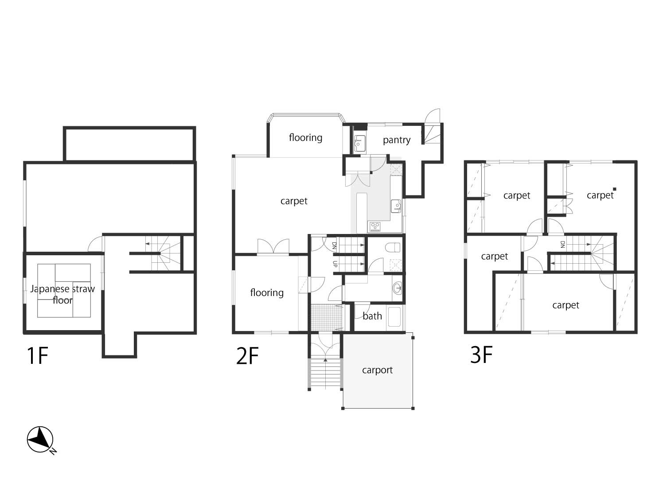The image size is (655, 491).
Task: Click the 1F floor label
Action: (37, 355)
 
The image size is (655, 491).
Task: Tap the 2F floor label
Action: (247, 355)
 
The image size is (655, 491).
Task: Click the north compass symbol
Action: (41, 440)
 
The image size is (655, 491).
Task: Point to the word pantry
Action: (397, 140)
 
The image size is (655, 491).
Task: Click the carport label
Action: (377, 370)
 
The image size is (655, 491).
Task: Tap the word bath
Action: (372, 316)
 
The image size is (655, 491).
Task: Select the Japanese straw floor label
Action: (62, 294)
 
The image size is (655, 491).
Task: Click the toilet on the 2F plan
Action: (393, 247)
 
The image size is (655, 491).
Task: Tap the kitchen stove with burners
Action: (375, 227)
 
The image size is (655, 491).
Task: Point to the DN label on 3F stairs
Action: (562, 245)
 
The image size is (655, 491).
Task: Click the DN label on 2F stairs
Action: (334, 245)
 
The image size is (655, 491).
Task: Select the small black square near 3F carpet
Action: (614, 189)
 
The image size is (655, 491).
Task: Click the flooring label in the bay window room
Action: (306, 137)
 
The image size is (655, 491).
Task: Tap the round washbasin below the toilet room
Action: (397, 288)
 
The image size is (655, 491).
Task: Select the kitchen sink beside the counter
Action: (396, 206)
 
